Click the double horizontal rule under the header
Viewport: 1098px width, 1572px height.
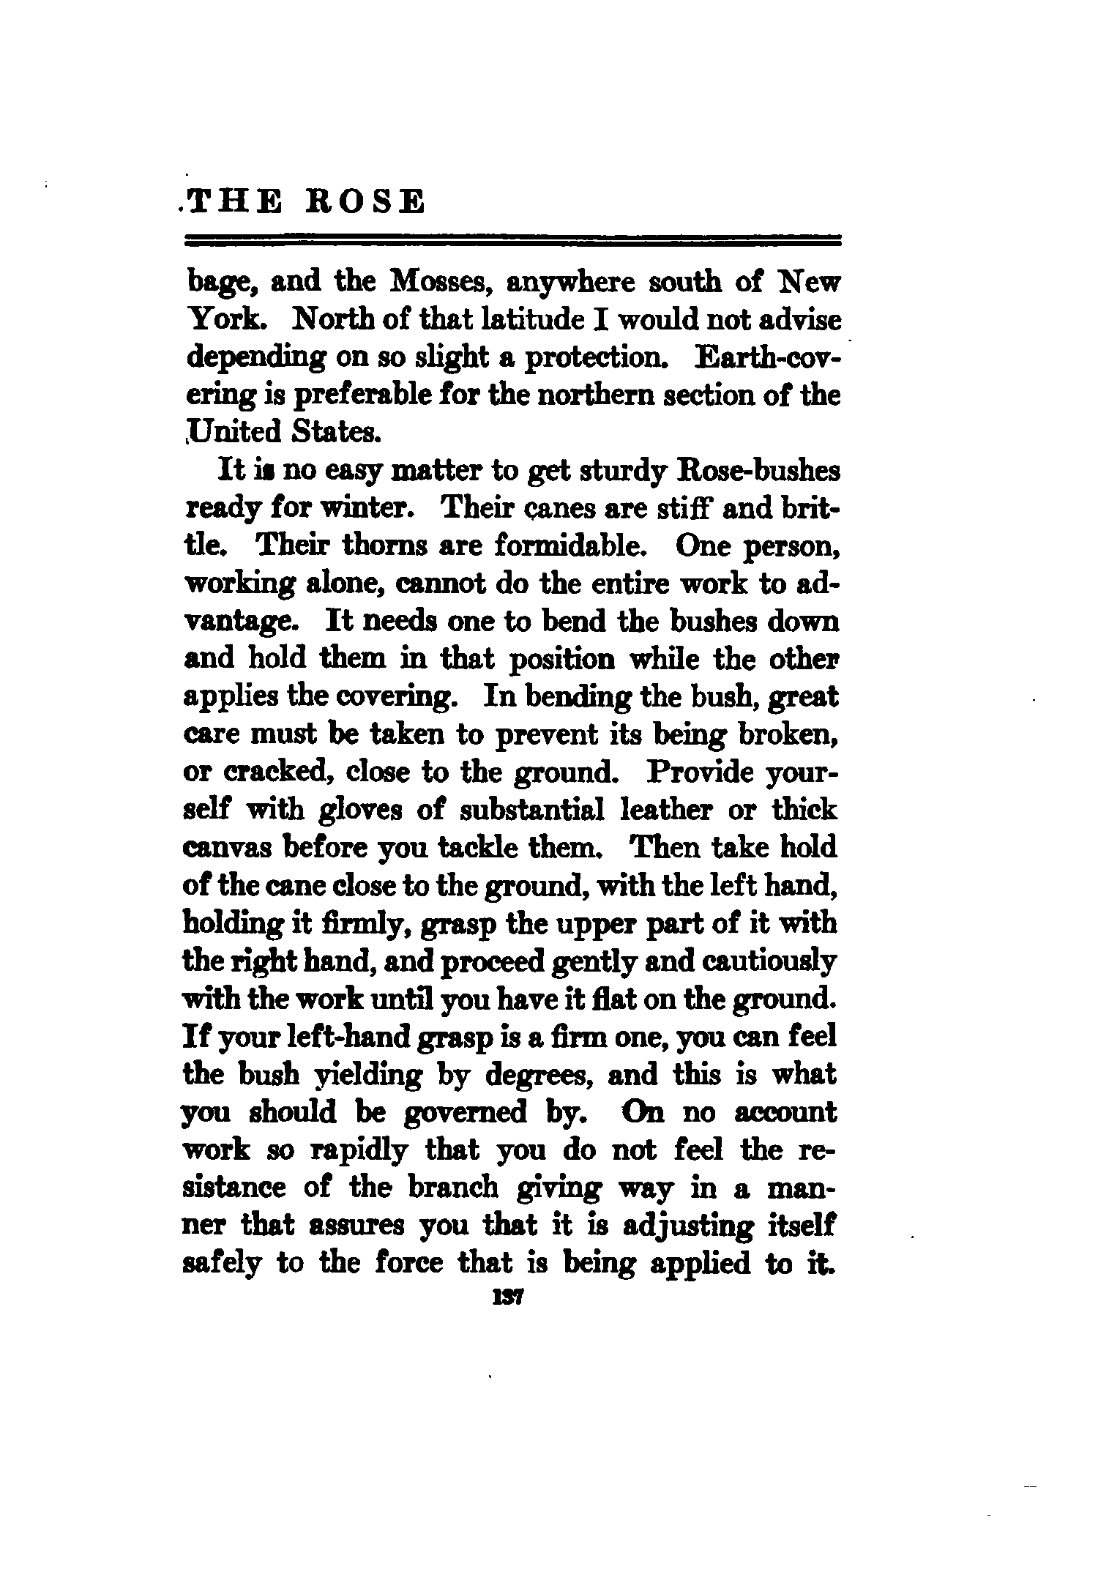[x=513, y=239]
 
